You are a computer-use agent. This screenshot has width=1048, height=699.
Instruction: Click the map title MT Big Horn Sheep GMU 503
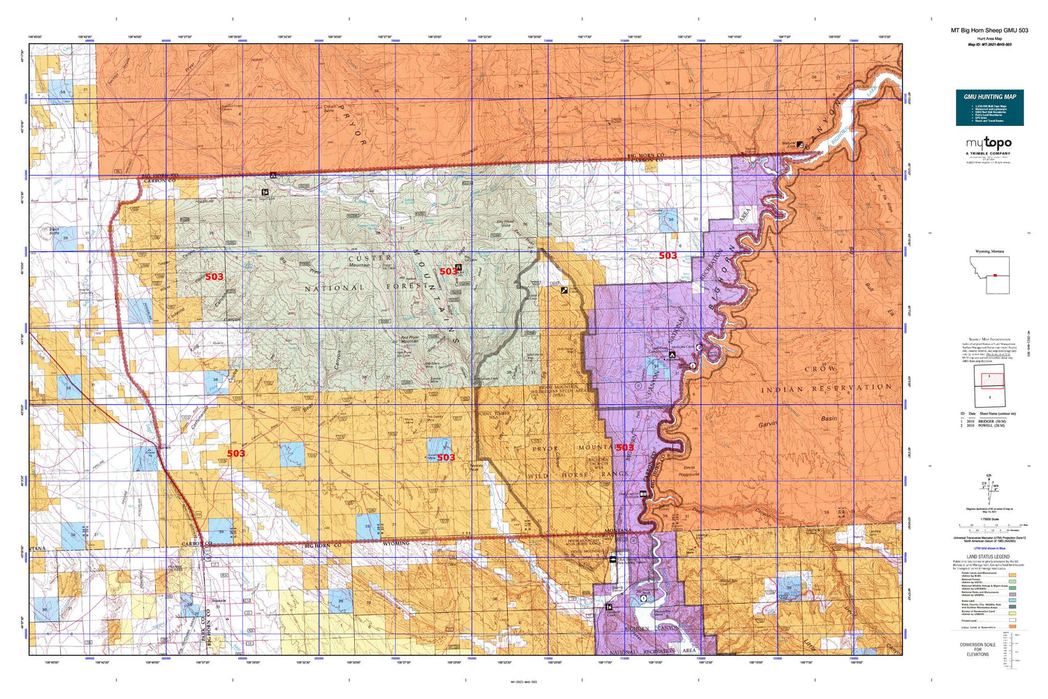(989, 30)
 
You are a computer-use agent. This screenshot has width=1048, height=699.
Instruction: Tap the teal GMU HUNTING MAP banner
(989, 108)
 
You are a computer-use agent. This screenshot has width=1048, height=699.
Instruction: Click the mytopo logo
(989, 144)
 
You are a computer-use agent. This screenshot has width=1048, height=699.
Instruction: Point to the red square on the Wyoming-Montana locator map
(994, 275)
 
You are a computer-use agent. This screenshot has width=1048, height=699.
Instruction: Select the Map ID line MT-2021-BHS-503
(989, 44)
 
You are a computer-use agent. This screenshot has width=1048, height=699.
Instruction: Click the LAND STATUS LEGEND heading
(989, 557)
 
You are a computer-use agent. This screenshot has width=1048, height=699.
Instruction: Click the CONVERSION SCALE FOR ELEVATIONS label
(977, 649)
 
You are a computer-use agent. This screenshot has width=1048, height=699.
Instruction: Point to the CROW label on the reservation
(820, 368)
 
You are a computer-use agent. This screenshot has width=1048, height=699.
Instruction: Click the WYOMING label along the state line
(395, 543)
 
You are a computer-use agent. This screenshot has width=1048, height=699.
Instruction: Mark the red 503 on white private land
(668, 256)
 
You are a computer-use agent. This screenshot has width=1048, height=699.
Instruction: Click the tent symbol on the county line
(273, 175)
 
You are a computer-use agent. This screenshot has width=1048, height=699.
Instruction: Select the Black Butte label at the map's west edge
(54, 231)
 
